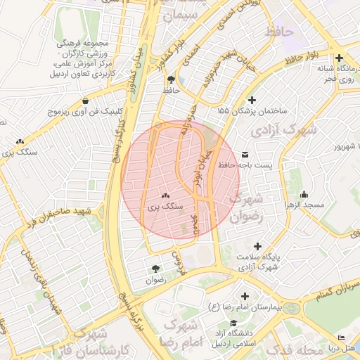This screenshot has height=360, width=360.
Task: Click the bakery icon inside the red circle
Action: [x=165, y=196]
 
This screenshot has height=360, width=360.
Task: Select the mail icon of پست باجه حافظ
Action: [x=245, y=154]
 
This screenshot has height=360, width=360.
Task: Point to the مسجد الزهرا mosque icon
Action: [x=304, y=194]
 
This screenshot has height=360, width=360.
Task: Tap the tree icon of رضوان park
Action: [x=155, y=268]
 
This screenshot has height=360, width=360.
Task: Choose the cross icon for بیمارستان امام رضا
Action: [x=245, y=297]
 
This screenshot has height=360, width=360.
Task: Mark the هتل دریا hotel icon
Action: [x=342, y=338]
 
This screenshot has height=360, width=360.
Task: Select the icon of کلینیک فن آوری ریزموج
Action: [x=86, y=101]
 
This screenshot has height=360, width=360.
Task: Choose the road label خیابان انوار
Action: [x=200, y=169]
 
